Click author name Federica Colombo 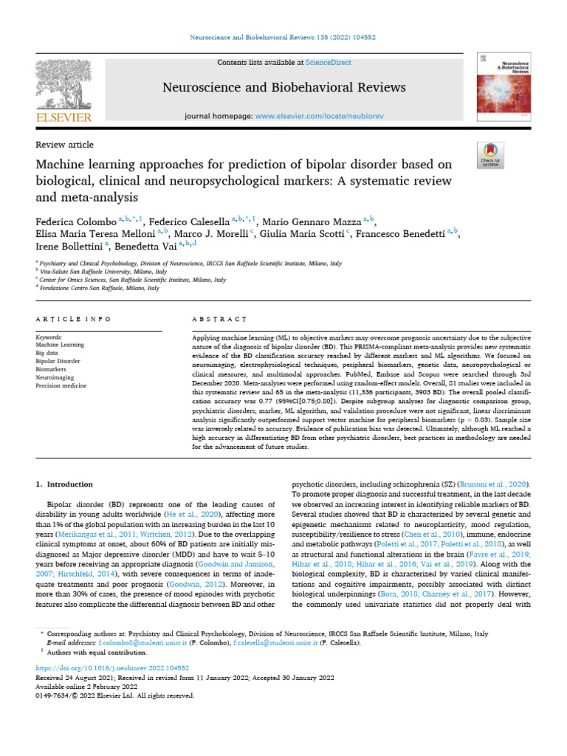point(75,221)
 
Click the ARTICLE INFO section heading point(74,319)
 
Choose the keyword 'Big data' point(47,353)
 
